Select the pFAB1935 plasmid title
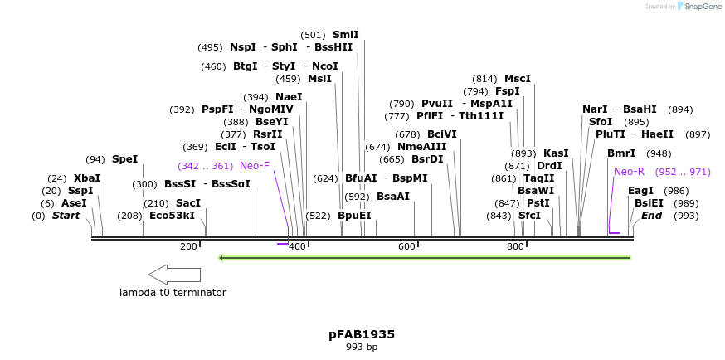tap(362, 334)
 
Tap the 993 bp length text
tap(362, 348)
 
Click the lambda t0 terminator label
tap(173, 292)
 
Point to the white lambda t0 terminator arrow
tap(174, 274)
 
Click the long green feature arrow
tap(424, 257)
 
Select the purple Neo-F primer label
tap(255, 166)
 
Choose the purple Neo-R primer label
tap(629, 172)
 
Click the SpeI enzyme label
tap(124, 159)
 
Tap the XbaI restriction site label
tap(86, 178)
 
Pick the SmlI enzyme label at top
tap(345, 35)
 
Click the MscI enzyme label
tap(518, 79)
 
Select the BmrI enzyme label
tap(621, 153)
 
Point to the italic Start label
tap(66, 216)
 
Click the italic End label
tap(651, 216)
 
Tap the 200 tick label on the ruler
tap(188, 246)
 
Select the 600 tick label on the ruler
tap(406, 246)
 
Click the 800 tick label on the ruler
tap(515, 246)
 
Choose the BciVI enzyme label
tap(441, 134)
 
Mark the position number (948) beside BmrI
tap(659, 153)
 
